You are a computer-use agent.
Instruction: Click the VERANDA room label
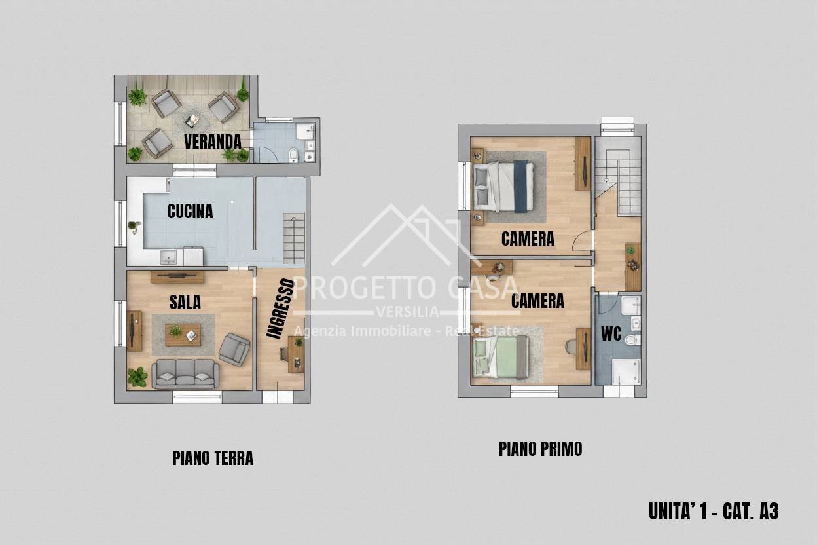[212, 141]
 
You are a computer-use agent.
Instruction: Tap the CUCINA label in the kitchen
[190, 211]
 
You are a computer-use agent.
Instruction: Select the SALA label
[185, 302]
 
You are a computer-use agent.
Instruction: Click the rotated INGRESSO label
[280, 309]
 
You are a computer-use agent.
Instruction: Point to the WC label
[611, 333]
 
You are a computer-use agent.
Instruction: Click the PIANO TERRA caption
[213, 458]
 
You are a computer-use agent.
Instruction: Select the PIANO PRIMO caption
[540, 449]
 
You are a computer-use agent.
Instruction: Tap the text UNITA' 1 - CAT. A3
[713, 511]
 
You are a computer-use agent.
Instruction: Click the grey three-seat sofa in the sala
[185, 373]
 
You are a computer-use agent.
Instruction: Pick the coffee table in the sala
[183, 334]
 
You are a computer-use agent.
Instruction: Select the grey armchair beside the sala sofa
[234, 348]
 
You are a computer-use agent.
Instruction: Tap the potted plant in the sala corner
[137, 377]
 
